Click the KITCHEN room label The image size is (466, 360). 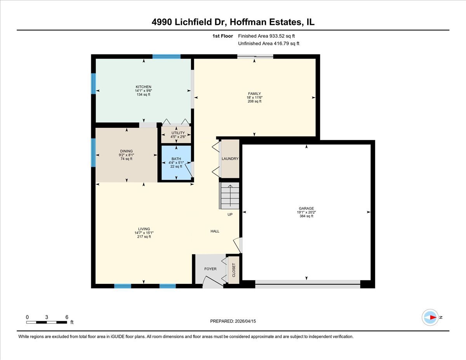[x=143, y=87]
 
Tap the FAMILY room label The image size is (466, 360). [x=254, y=94]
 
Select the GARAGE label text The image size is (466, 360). [x=306, y=209]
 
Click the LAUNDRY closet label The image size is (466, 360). [x=230, y=159]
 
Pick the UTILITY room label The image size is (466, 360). [x=178, y=133]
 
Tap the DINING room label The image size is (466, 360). [x=126, y=151]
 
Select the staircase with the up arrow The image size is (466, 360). [x=230, y=196]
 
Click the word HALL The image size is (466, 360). [x=215, y=231]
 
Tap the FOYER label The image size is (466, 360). [x=210, y=269]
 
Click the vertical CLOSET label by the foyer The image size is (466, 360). [x=234, y=270]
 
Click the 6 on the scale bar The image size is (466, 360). [x=67, y=317]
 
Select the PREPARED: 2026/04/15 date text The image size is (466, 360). [x=233, y=321]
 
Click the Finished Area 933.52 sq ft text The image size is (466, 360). [x=269, y=36]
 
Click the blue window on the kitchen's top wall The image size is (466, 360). [x=166, y=56]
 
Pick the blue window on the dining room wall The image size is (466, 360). [x=93, y=152]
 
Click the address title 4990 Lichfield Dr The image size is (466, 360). [x=233, y=22]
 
